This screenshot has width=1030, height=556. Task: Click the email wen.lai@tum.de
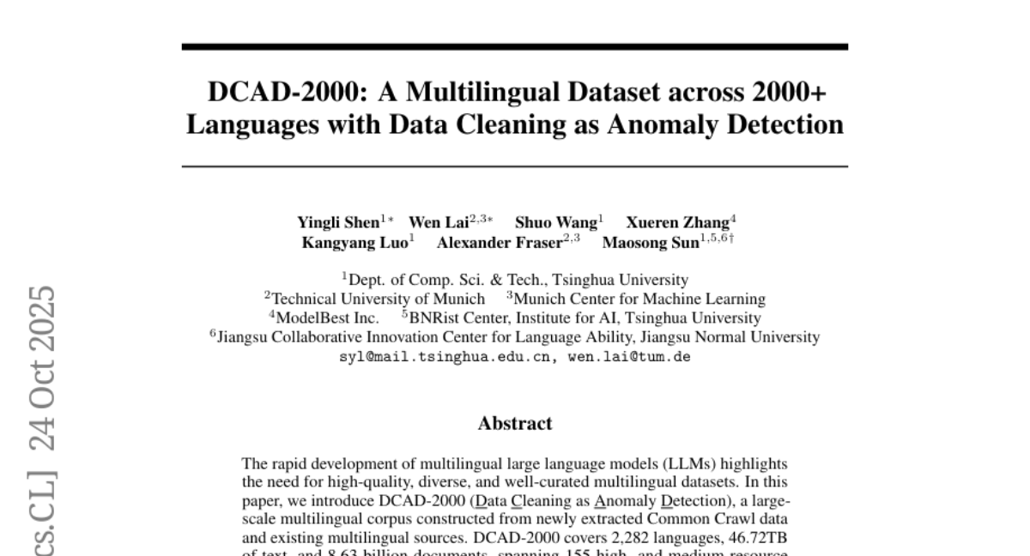(x=630, y=357)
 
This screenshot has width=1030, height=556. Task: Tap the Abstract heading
(x=515, y=423)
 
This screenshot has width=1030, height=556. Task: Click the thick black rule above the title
(x=515, y=46)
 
